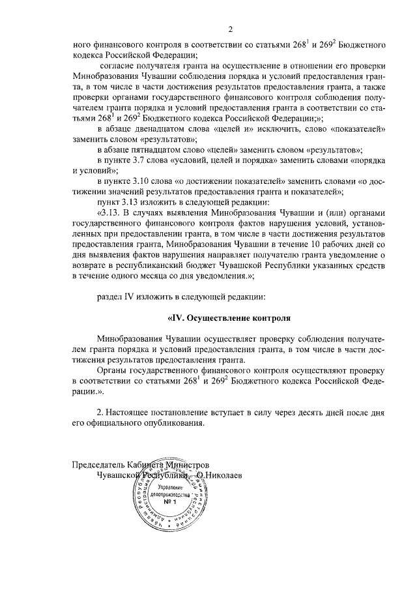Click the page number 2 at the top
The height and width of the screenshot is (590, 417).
click(x=230, y=29)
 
